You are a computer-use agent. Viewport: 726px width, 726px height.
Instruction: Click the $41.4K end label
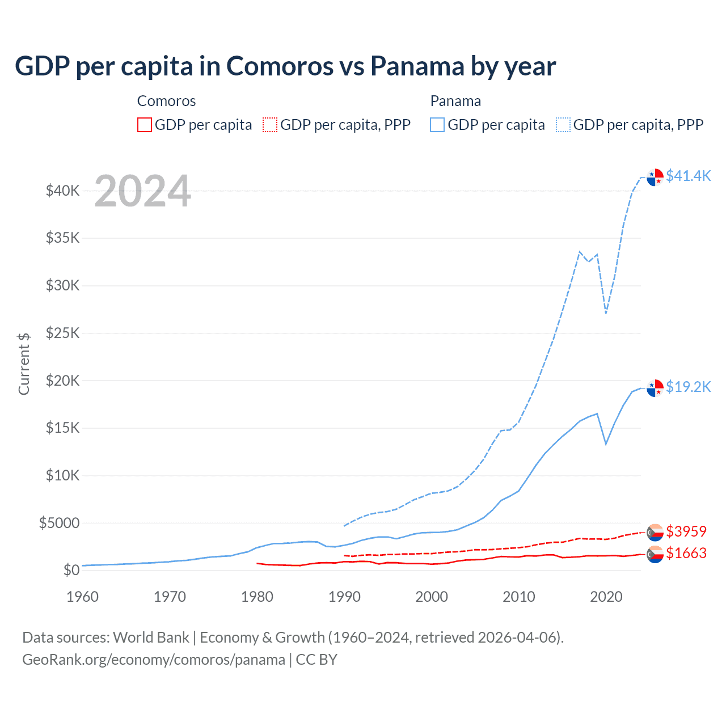[x=688, y=176]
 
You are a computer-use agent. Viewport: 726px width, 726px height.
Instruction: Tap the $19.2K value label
[x=688, y=387]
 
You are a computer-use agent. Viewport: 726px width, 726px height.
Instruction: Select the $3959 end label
[x=686, y=531]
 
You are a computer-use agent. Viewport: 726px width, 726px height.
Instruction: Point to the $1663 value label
[x=686, y=553]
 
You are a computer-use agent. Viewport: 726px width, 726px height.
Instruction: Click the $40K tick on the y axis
[x=63, y=191]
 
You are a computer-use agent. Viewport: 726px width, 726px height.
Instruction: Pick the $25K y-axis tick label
[x=63, y=333]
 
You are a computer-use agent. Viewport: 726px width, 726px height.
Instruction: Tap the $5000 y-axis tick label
[x=60, y=523]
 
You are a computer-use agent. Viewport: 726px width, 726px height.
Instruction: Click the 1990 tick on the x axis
[x=344, y=597]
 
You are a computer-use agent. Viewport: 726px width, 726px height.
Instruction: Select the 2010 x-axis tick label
[x=519, y=597]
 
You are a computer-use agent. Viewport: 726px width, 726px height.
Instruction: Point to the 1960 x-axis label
[x=83, y=597]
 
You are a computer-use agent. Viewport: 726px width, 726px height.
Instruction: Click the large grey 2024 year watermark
[x=142, y=191]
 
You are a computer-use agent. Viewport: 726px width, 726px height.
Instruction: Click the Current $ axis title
[x=24, y=364]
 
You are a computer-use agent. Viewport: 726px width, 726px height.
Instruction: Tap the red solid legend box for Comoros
[x=145, y=125]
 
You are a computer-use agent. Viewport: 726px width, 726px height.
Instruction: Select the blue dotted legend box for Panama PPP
[x=563, y=125]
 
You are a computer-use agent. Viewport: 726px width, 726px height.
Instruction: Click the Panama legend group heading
[x=455, y=101]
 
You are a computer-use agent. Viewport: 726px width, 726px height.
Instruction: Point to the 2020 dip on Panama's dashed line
[x=606, y=313]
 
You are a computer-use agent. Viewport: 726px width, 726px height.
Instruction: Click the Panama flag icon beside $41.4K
[x=655, y=177]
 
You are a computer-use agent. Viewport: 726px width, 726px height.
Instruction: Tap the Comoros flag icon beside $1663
[x=655, y=554]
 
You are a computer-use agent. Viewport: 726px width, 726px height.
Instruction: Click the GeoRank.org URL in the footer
[x=154, y=660]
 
